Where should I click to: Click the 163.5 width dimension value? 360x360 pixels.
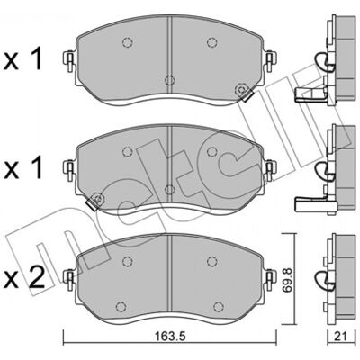point(168,336)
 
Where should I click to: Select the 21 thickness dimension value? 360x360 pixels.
point(340,336)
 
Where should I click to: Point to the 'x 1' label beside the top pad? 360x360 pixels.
point(23,58)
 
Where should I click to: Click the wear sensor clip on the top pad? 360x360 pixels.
point(244,92)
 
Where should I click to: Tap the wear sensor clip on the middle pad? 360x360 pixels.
point(94,202)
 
